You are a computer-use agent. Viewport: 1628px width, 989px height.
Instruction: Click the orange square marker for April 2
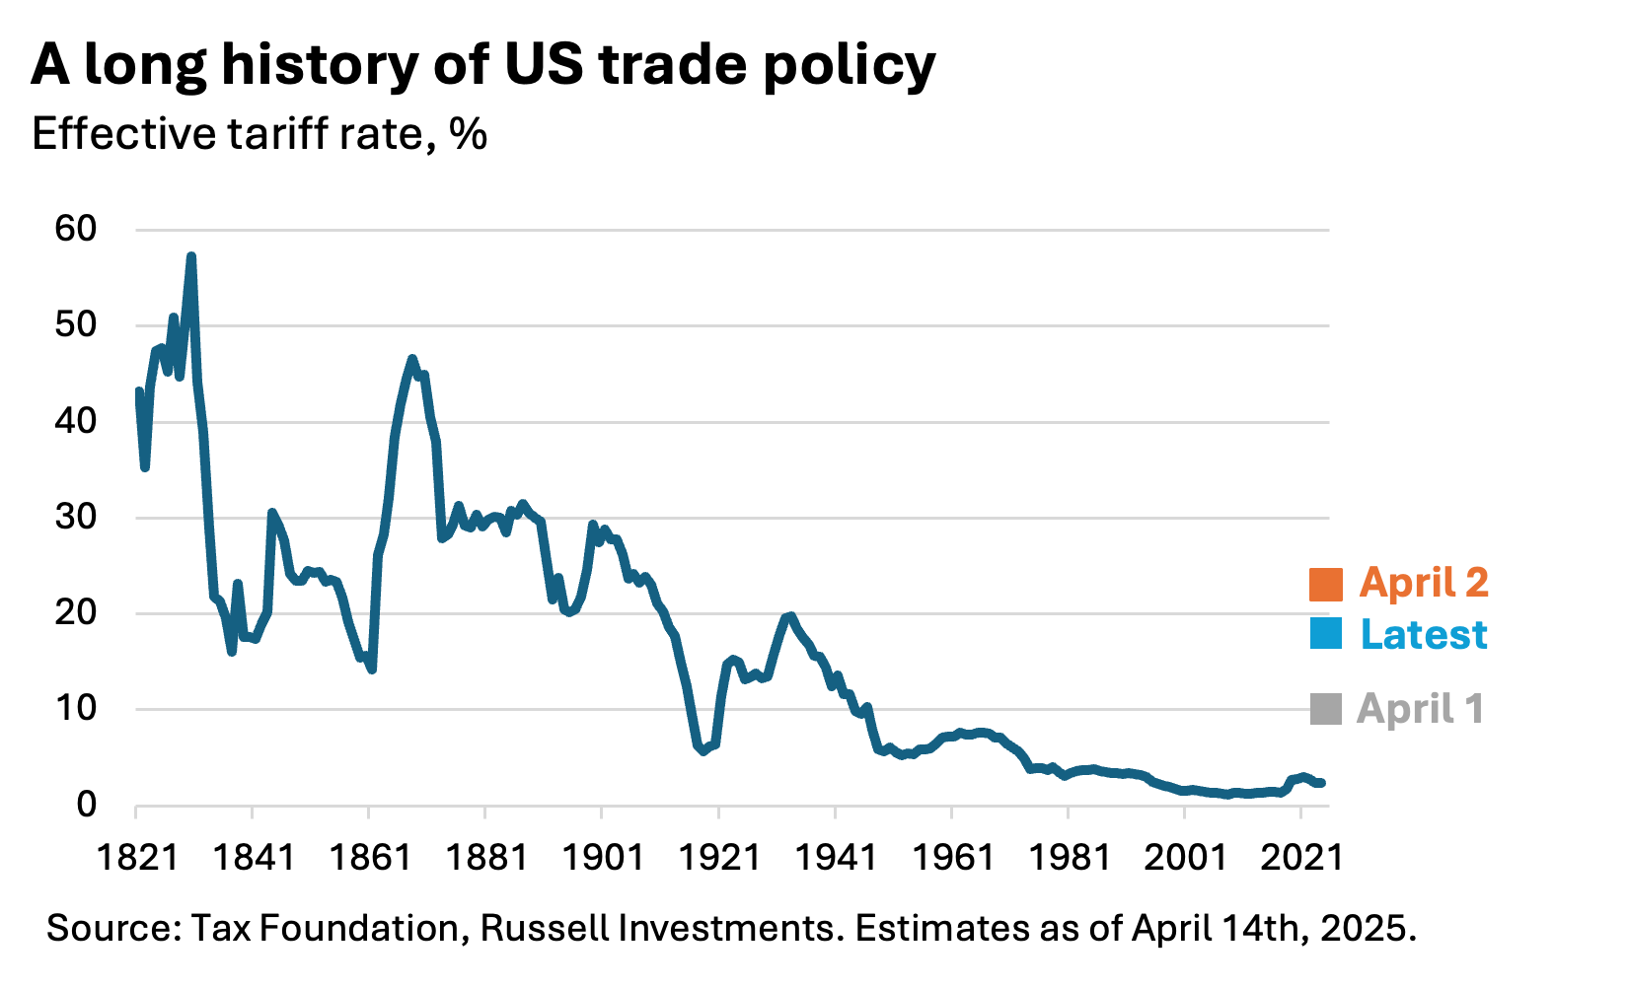(1325, 585)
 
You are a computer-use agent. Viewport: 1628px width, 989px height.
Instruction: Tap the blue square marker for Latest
(1325, 634)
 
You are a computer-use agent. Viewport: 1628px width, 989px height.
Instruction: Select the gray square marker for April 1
(1325, 709)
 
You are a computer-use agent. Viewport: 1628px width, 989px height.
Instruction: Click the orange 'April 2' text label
(1423, 583)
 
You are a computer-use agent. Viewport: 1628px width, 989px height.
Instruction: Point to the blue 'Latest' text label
(1423, 634)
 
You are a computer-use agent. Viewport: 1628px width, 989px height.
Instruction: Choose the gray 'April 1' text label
(1420, 709)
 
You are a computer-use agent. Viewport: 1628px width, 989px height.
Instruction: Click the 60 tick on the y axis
(76, 229)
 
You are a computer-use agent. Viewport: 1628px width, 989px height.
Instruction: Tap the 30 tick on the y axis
(76, 517)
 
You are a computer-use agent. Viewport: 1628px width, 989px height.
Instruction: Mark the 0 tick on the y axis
(86, 805)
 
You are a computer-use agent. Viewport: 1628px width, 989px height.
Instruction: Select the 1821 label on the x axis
(137, 857)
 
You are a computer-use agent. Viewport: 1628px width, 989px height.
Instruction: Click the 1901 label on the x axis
(602, 857)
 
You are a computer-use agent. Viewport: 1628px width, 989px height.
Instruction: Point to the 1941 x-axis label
(835, 857)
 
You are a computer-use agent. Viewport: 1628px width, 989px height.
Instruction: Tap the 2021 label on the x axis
(1301, 857)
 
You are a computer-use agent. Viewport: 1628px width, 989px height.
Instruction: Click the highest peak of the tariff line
(191, 256)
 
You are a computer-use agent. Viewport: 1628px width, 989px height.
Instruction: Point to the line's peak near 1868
(412, 359)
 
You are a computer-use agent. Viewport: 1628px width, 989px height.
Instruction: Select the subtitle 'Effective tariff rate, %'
(259, 134)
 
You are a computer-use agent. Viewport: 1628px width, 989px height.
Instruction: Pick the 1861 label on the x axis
(370, 857)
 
